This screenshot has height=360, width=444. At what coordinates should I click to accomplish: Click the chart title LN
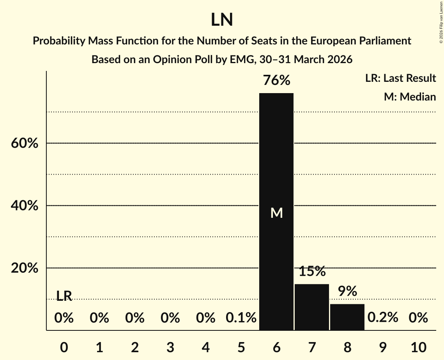click(222, 20)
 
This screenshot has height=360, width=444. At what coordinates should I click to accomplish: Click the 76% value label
click(276, 81)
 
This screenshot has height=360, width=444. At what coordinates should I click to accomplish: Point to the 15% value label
click(312, 272)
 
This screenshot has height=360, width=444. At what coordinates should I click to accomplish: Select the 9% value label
click(347, 291)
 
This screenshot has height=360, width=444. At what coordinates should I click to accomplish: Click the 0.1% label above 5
click(241, 318)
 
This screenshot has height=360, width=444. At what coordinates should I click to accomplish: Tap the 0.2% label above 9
click(383, 318)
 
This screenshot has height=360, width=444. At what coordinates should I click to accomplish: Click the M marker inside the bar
click(276, 213)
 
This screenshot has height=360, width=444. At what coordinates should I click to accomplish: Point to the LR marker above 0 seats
click(64, 296)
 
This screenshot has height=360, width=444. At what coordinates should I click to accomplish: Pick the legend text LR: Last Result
click(400, 78)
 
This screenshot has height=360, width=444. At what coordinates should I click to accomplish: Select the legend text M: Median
click(410, 97)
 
